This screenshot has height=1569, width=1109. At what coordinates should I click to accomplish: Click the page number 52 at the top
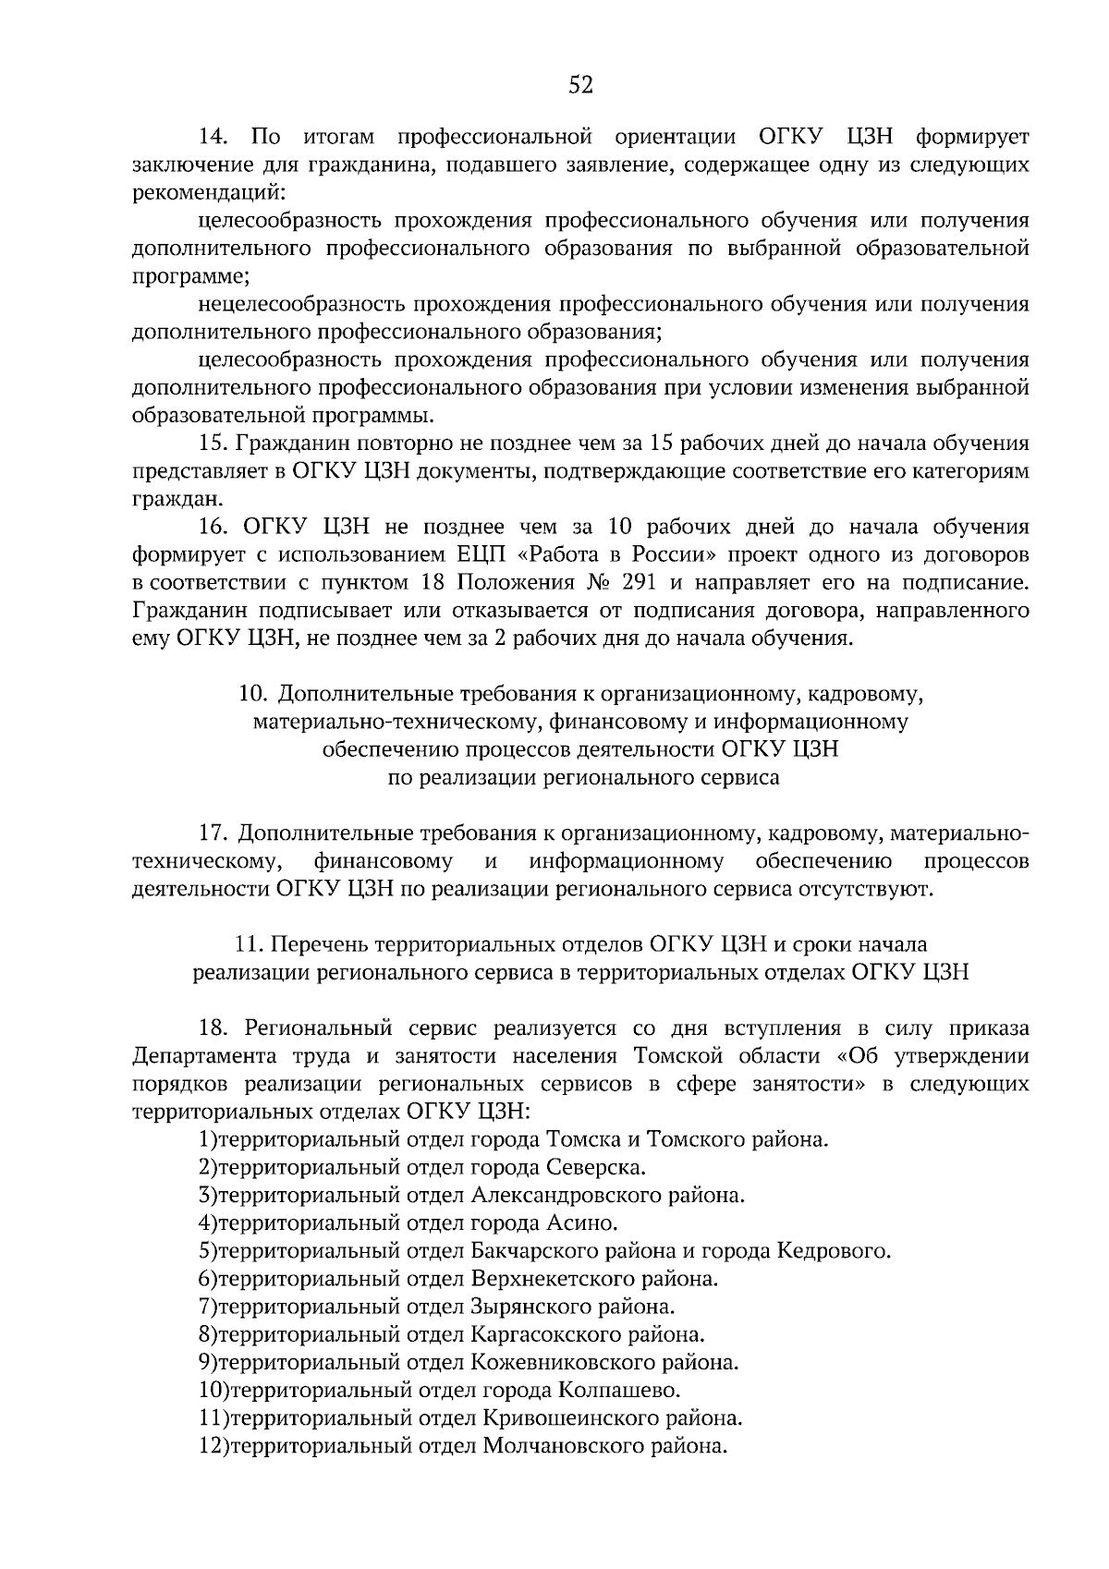[x=579, y=86]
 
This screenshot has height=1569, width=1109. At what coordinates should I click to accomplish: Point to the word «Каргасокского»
[x=544, y=1334]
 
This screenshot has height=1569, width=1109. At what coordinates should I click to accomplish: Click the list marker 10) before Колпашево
[x=213, y=1390]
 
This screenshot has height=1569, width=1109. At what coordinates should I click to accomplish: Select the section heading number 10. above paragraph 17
[x=253, y=694]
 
